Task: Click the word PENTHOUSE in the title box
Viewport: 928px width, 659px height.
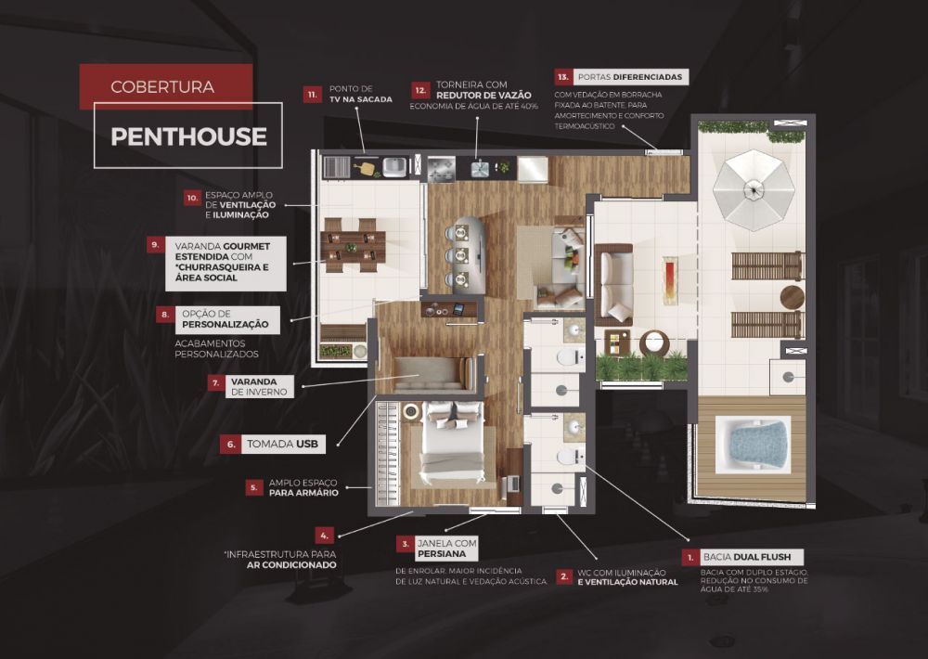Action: [x=188, y=136]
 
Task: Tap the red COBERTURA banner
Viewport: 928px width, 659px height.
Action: [x=166, y=86]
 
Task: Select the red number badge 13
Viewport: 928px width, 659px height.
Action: [x=563, y=76]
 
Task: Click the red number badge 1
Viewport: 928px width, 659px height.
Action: [x=690, y=557]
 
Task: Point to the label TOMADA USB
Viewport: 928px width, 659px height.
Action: [x=283, y=444]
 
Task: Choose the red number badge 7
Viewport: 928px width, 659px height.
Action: [x=216, y=383]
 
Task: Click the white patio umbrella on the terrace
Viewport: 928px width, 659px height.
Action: [x=753, y=190]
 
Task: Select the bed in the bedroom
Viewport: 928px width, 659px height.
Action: [x=454, y=440]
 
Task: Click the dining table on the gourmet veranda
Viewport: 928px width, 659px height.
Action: [x=352, y=246]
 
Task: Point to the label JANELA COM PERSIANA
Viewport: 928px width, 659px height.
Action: [x=447, y=549]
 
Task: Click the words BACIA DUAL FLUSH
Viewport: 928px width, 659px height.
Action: [x=747, y=557]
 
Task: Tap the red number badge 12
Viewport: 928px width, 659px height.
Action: [x=420, y=91]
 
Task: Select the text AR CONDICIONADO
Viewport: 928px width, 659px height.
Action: [x=291, y=565]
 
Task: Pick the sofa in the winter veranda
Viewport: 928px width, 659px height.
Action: [x=434, y=374]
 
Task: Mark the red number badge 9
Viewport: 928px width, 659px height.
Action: [x=156, y=244]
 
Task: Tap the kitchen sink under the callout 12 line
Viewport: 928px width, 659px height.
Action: [x=480, y=169]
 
